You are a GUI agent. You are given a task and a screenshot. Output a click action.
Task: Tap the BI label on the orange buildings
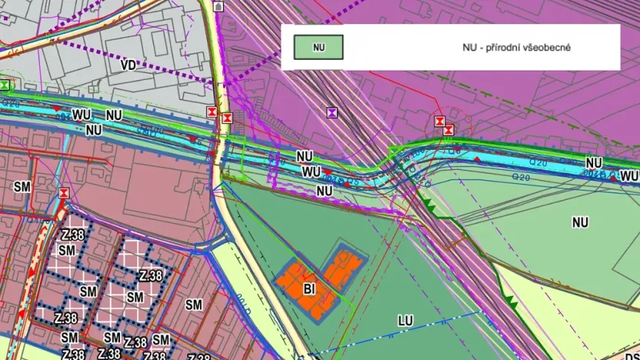pyautogui.click(x=310, y=289)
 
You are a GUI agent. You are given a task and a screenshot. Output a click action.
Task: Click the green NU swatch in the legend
pyautogui.click(x=318, y=48)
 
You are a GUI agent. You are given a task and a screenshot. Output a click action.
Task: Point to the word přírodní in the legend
pyautogui.click(x=510, y=48)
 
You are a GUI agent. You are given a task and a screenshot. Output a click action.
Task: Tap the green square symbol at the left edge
pyautogui.click(x=5, y=85)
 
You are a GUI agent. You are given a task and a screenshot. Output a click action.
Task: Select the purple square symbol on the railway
pyautogui.click(x=332, y=112)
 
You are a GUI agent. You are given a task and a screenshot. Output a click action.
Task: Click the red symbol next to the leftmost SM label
pyautogui.click(x=65, y=192)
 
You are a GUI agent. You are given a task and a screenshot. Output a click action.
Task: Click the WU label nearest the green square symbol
pyautogui.click(x=82, y=115)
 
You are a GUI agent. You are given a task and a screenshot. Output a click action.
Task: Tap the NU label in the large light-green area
pyautogui.click(x=580, y=222)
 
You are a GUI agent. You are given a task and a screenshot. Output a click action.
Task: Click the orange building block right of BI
pyautogui.click(x=344, y=267)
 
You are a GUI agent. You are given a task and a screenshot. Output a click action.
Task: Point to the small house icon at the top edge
pyautogui.click(x=218, y=5)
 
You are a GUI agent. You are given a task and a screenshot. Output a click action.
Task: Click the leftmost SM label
pyautogui.click(x=22, y=185)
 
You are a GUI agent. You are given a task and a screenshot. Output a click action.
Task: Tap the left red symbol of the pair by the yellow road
pyautogui.click(x=212, y=112)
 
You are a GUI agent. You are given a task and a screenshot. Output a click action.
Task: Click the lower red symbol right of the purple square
pyautogui.click(x=448, y=129)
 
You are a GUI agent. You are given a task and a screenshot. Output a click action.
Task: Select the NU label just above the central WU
pyautogui.click(x=305, y=156)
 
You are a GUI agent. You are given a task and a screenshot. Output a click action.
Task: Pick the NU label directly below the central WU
pyautogui.click(x=324, y=190)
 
